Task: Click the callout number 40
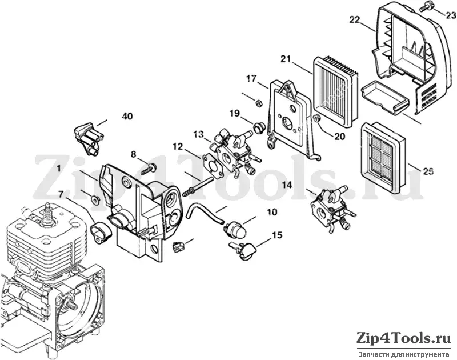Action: [127, 117]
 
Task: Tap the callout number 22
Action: [355, 20]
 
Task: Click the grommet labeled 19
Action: [258, 127]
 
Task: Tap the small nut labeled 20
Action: [316, 118]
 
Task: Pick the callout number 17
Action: [251, 79]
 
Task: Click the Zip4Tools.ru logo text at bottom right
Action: [404, 339]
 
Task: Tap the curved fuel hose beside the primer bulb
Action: [205, 213]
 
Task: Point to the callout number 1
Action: [59, 168]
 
